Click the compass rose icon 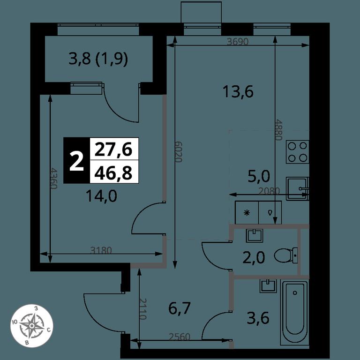click(32, 326)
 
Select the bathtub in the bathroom click(295, 313)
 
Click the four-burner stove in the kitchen click(297, 152)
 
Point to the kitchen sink click(298, 188)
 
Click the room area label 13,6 click(238, 91)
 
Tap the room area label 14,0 click(101, 196)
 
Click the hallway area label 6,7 click(180, 308)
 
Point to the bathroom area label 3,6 click(258, 318)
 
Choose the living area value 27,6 click(113, 149)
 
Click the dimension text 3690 click(238, 42)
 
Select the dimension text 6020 click(179, 151)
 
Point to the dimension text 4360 click(53, 178)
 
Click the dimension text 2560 click(180, 337)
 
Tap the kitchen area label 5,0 click(259, 177)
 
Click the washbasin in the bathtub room click(268, 285)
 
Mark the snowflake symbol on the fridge click(247, 213)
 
